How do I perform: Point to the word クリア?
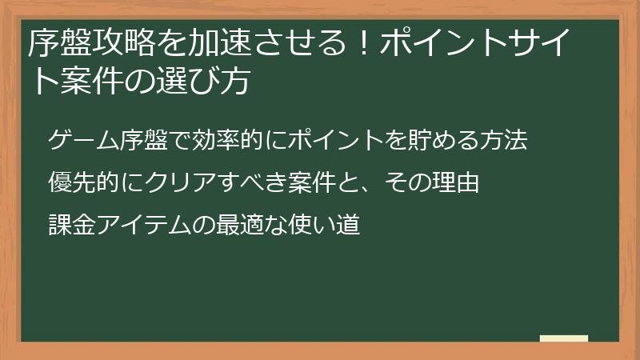pos(167,183)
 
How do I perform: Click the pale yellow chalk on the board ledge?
pos(564,338)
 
